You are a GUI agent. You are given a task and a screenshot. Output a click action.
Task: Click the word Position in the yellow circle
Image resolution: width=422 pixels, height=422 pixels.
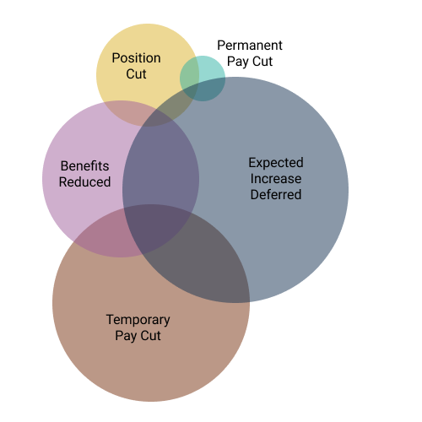click(137, 58)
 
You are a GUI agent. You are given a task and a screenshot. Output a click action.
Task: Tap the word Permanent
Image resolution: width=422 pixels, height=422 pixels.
click(250, 46)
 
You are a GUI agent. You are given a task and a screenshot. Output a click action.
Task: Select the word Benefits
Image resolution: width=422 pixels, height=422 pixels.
click(84, 166)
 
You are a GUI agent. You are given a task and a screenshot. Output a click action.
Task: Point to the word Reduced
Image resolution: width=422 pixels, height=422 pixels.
click(84, 182)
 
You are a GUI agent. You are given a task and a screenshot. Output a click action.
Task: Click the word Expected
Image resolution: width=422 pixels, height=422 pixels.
click(276, 163)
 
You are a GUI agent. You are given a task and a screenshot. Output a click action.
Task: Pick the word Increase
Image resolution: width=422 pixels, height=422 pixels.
click(276, 179)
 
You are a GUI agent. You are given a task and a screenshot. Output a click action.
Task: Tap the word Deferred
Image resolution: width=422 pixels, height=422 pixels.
click(276, 194)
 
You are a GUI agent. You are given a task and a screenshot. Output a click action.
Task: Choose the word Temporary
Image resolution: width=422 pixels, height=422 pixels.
click(138, 320)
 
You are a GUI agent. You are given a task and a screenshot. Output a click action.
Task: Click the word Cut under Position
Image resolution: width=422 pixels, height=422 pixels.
click(136, 74)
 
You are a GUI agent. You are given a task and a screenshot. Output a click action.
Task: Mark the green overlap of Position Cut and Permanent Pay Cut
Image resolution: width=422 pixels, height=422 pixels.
click(189, 73)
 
